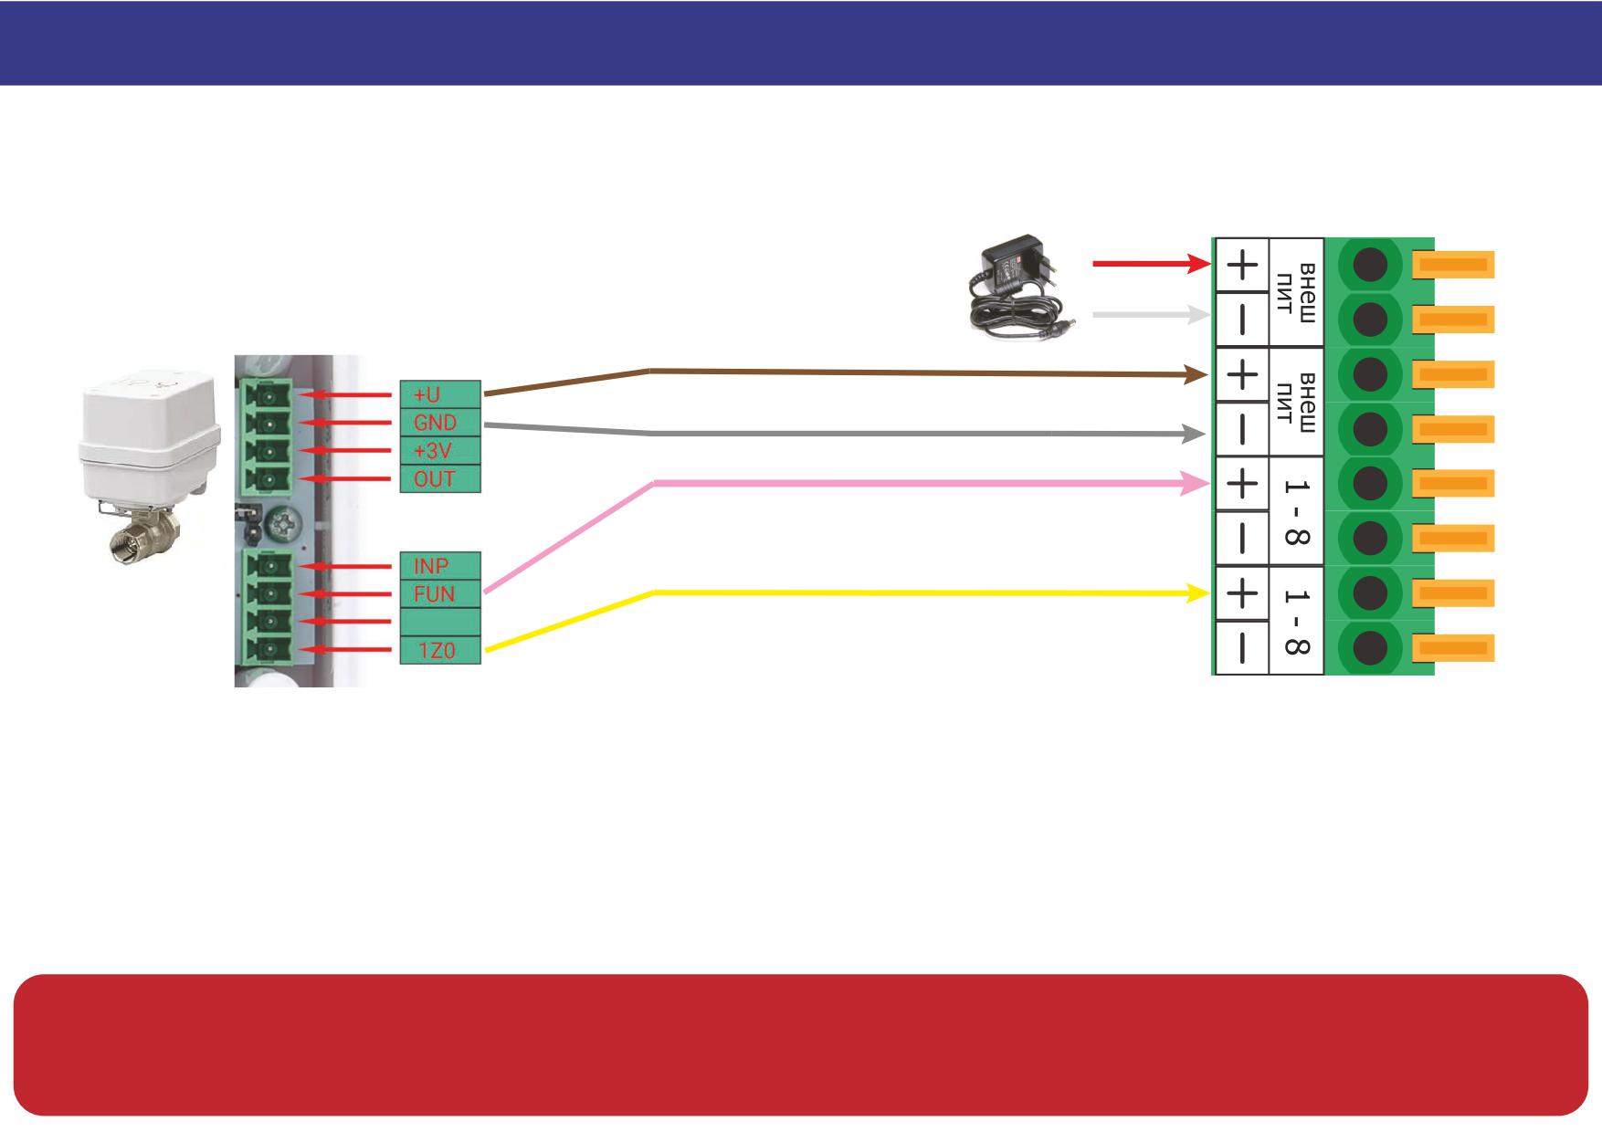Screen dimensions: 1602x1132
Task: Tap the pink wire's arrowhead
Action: (x=1195, y=484)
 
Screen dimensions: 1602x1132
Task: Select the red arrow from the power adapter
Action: (x=1152, y=264)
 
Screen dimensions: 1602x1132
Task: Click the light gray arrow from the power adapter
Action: (x=1152, y=315)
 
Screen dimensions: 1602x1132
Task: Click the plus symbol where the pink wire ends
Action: (x=1240, y=484)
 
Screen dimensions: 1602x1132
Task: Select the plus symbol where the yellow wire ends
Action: (x=1240, y=594)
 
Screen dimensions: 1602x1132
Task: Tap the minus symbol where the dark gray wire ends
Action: (x=1240, y=429)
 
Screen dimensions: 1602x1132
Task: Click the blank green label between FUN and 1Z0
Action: (x=440, y=622)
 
